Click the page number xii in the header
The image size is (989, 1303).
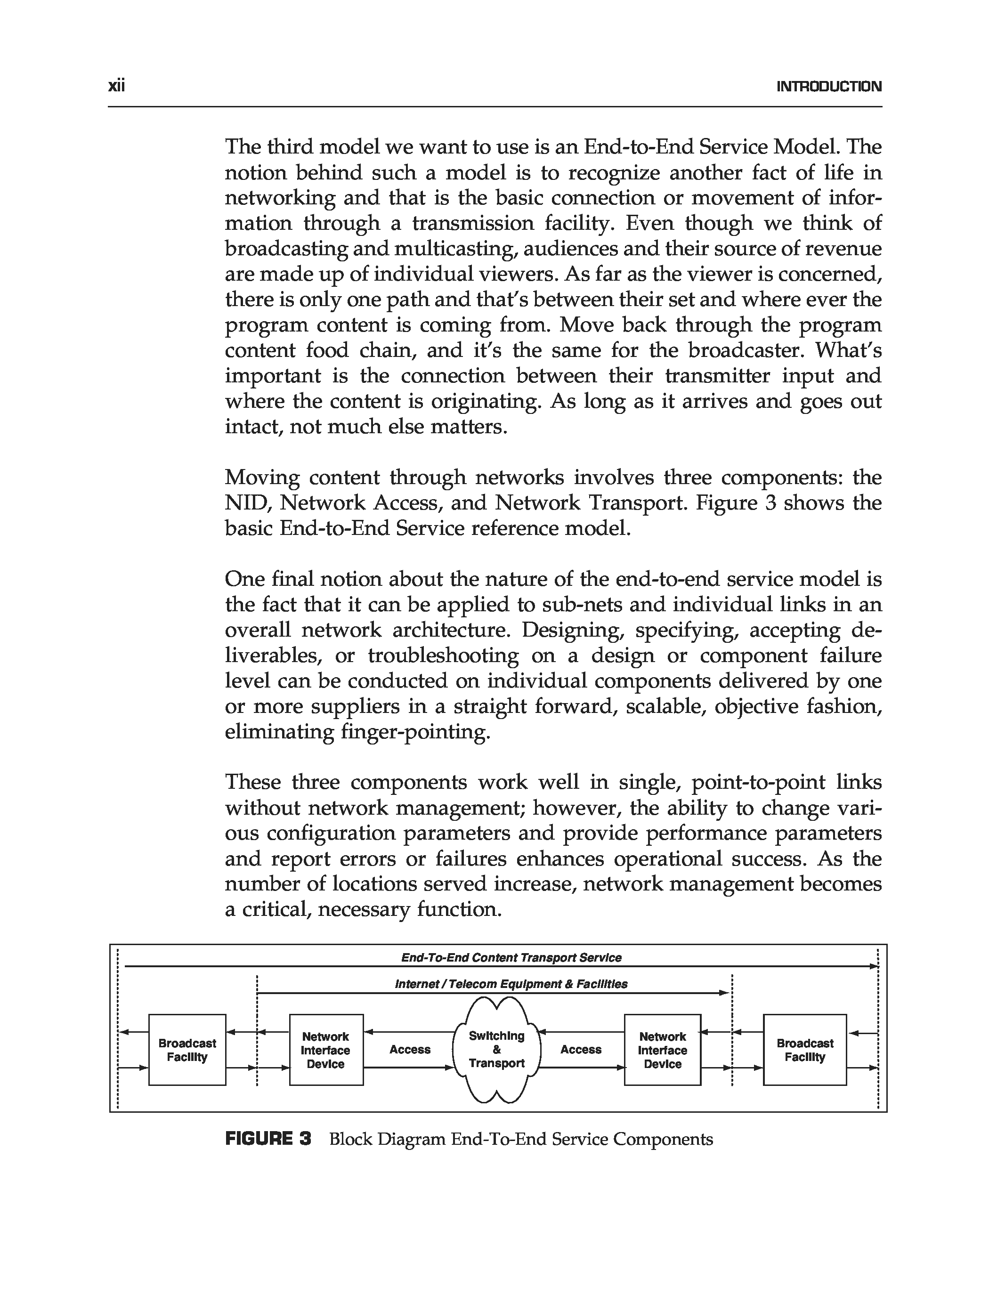(117, 87)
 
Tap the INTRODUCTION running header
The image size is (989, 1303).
(829, 87)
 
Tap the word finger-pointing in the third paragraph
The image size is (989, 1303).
(415, 732)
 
